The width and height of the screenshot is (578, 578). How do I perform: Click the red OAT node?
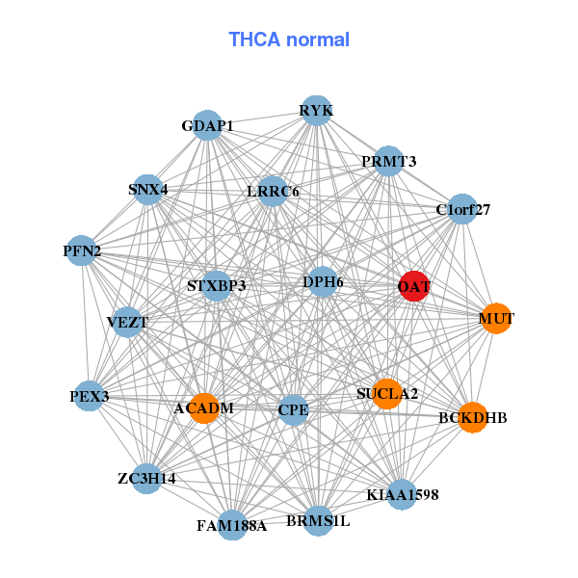click(413, 286)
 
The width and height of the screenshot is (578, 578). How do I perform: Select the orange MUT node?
click(495, 318)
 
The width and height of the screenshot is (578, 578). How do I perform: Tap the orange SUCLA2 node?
click(386, 393)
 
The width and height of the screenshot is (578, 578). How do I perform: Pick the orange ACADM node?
click(204, 408)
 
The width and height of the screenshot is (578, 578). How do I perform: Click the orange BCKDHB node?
click(472, 417)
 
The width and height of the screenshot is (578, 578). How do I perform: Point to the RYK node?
click(316, 111)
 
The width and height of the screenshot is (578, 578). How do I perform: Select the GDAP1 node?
click(208, 125)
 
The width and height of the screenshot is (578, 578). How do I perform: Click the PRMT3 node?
click(388, 161)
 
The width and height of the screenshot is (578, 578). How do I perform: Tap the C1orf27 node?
click(462, 209)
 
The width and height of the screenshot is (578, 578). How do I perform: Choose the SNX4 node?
click(148, 189)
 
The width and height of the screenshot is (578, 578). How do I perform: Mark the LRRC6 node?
click(273, 191)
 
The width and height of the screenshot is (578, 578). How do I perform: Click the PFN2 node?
click(83, 252)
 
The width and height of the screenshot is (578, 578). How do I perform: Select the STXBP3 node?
click(217, 286)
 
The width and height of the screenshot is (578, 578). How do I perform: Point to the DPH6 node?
click(323, 281)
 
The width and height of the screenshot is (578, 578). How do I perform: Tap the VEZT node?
click(127, 322)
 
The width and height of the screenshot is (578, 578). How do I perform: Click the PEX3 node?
click(90, 396)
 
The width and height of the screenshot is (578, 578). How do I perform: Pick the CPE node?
click(293, 410)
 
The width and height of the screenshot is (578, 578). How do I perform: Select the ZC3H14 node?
click(146, 479)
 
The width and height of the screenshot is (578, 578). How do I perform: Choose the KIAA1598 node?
click(402, 495)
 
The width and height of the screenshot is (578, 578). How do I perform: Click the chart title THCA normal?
click(289, 39)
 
